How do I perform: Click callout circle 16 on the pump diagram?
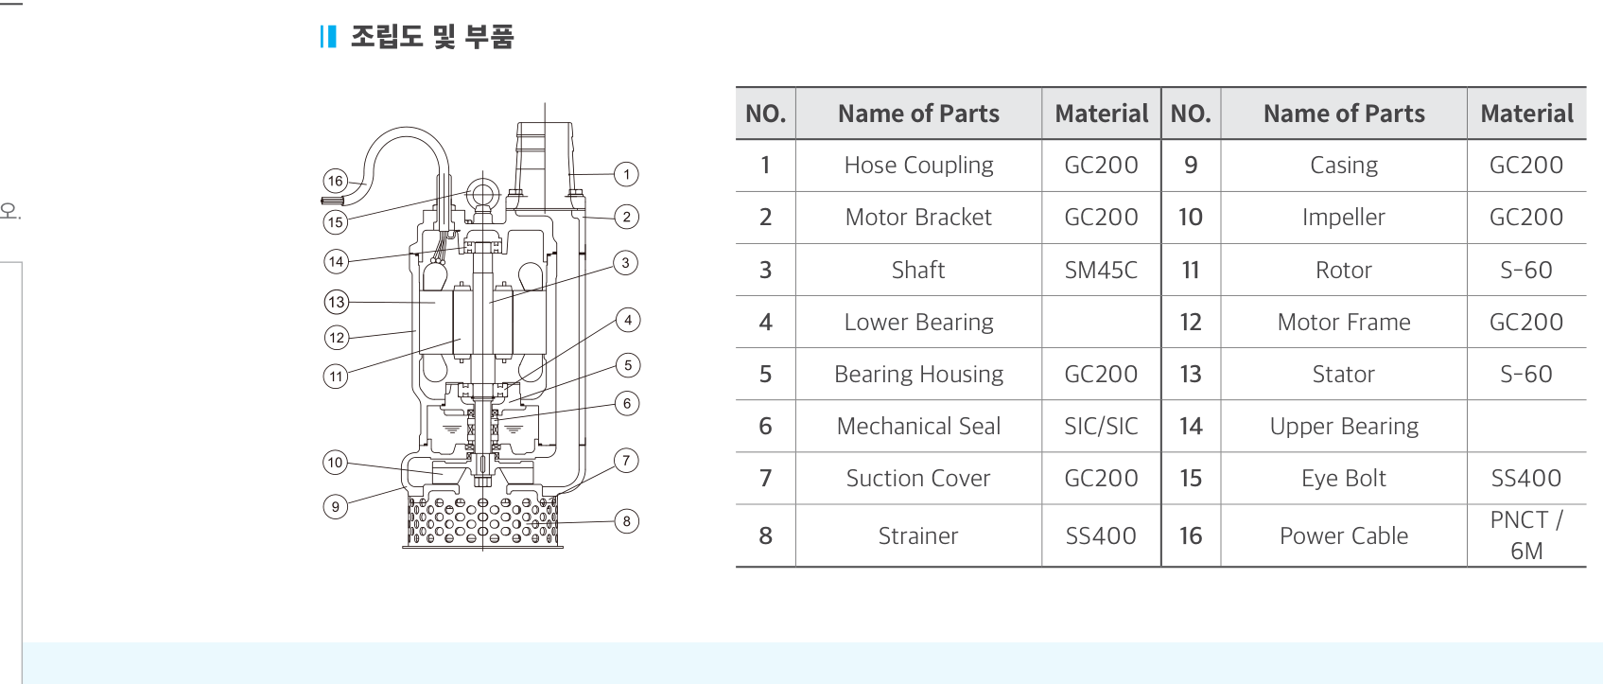tap(336, 181)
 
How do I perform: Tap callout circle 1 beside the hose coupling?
tap(626, 174)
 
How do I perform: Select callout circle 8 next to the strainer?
tap(626, 521)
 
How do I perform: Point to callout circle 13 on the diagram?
tap(337, 302)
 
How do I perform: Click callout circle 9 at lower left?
tap(336, 507)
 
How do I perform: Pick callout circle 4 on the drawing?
tap(628, 320)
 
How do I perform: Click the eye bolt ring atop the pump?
tap(482, 193)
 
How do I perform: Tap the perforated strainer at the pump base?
tap(482, 520)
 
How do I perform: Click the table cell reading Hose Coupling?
tap(919, 166)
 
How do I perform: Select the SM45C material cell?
tap(1101, 270)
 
